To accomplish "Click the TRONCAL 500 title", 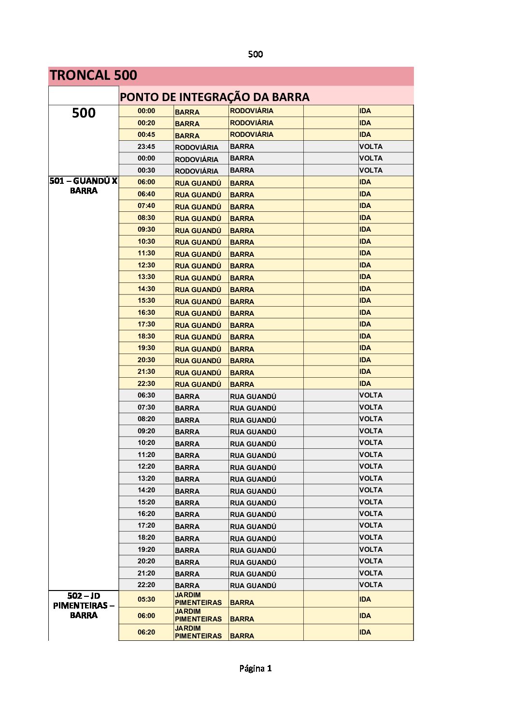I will click(93, 75).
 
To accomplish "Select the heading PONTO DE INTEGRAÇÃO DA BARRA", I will click(214, 97).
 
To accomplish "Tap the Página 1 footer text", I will click(255, 668).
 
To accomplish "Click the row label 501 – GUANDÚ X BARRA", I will click(84, 186).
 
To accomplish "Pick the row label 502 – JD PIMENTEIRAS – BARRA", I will click(84, 606).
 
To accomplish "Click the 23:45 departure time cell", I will click(146, 147).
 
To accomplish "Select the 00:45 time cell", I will click(146, 134).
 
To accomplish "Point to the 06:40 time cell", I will click(146, 194).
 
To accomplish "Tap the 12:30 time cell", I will click(146, 265).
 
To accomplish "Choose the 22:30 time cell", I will click(146, 384).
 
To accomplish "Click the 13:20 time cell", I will click(146, 478).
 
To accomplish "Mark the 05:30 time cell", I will click(146, 599).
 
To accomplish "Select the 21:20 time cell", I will click(146, 573).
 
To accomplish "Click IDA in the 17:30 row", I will click(365, 324).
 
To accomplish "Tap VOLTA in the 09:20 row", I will click(370, 431).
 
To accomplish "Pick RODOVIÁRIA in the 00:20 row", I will click(252, 123).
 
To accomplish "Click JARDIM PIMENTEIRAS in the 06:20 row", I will click(198, 632).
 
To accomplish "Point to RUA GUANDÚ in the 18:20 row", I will click(253, 538).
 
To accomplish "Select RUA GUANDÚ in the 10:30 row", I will click(198, 242).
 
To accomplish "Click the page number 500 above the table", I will click(255, 54).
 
